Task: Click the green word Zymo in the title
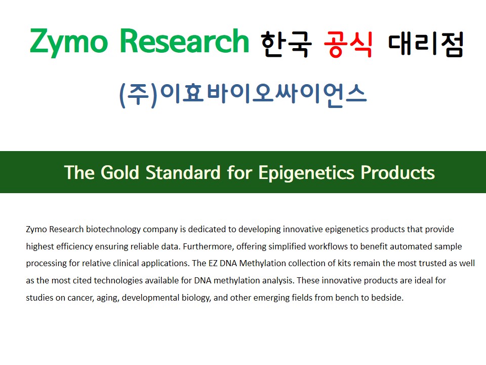[68, 43]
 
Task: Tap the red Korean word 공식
[348, 45]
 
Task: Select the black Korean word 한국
[286, 45]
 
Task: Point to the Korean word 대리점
[426, 45]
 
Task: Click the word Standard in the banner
[183, 172]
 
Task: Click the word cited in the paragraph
[82, 280]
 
